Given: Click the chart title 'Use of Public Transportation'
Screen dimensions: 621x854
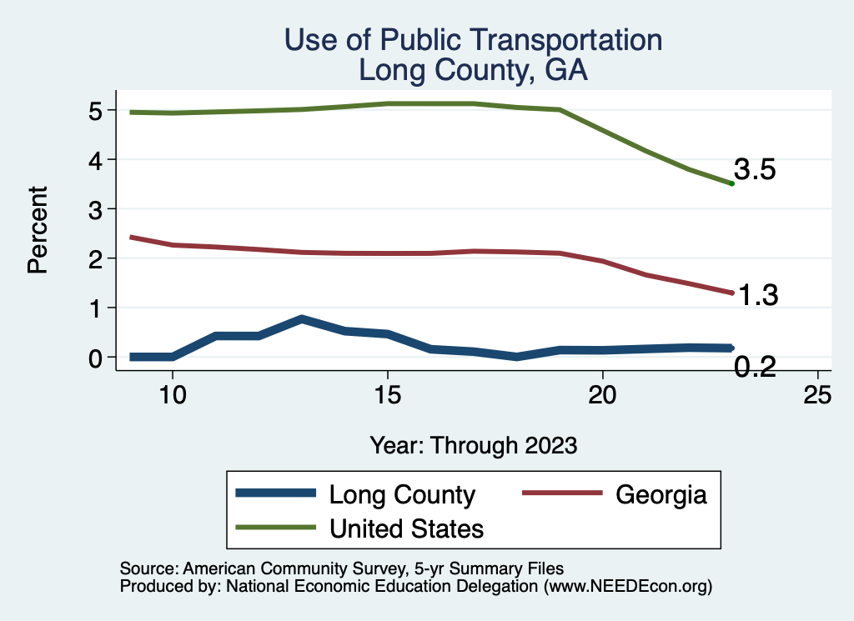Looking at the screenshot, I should click(x=473, y=40).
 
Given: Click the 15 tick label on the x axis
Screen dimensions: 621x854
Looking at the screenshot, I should click(x=387, y=394).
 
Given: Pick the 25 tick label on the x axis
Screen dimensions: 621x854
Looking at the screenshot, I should click(x=818, y=394).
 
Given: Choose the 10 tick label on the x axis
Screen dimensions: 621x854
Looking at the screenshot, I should click(x=172, y=394).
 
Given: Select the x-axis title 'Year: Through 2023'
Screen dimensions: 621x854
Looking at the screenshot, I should click(x=473, y=445).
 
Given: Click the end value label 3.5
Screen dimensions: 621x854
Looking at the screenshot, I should click(x=755, y=170).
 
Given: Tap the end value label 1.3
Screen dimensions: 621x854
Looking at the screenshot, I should click(x=757, y=295).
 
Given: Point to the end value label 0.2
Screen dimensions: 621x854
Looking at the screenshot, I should click(x=756, y=366).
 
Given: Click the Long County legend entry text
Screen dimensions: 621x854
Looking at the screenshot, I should click(x=402, y=494).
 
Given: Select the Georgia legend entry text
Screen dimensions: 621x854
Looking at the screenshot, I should click(x=661, y=494).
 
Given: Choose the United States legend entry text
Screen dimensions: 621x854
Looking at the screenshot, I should click(x=406, y=528).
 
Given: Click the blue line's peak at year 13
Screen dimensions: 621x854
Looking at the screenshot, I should click(x=301, y=319).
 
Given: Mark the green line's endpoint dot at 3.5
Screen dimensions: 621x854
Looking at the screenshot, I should click(x=731, y=183).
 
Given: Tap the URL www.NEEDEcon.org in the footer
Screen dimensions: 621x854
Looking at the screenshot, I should click(x=628, y=586).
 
